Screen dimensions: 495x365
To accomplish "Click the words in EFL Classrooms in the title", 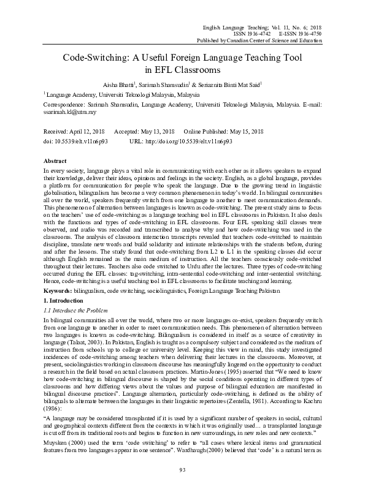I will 182,69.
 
